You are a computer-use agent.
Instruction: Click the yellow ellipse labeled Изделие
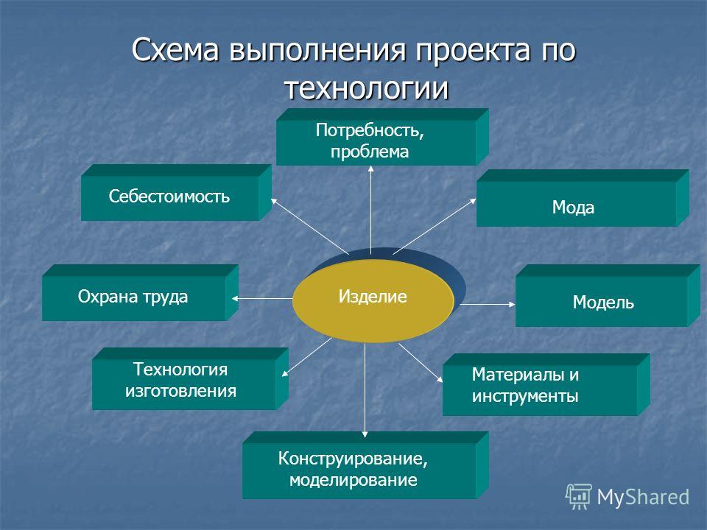pyautogui.click(x=373, y=300)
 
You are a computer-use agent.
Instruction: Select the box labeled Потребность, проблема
pyautogui.click(x=382, y=137)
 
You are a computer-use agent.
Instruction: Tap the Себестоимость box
pyautogui.click(x=176, y=192)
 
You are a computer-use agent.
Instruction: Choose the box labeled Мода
pyautogui.click(x=583, y=198)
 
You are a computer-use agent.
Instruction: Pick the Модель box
pyautogui.click(x=608, y=296)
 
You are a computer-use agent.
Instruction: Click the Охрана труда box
pyautogui.click(x=140, y=293)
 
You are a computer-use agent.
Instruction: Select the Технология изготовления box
pyautogui.click(x=190, y=378)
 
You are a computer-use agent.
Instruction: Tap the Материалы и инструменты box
pyautogui.click(x=546, y=384)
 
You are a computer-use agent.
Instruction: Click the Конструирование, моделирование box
pyautogui.click(x=365, y=465)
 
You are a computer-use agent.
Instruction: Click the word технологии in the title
pyautogui.click(x=367, y=88)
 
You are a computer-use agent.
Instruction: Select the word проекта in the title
pyautogui.click(x=473, y=51)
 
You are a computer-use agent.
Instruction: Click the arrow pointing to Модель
pyautogui.click(x=488, y=304)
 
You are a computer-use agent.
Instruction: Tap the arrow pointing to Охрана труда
pyautogui.click(x=262, y=298)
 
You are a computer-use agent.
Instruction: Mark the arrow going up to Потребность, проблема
pyautogui.click(x=370, y=210)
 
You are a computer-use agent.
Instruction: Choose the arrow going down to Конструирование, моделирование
pyautogui.click(x=365, y=390)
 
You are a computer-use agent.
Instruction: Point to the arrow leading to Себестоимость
pyautogui.click(x=310, y=226)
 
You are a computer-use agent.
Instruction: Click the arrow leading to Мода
pyautogui.click(x=435, y=226)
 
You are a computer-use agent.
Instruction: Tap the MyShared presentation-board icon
pyautogui.click(x=579, y=497)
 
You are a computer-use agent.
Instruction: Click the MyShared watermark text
pyautogui.click(x=643, y=498)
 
